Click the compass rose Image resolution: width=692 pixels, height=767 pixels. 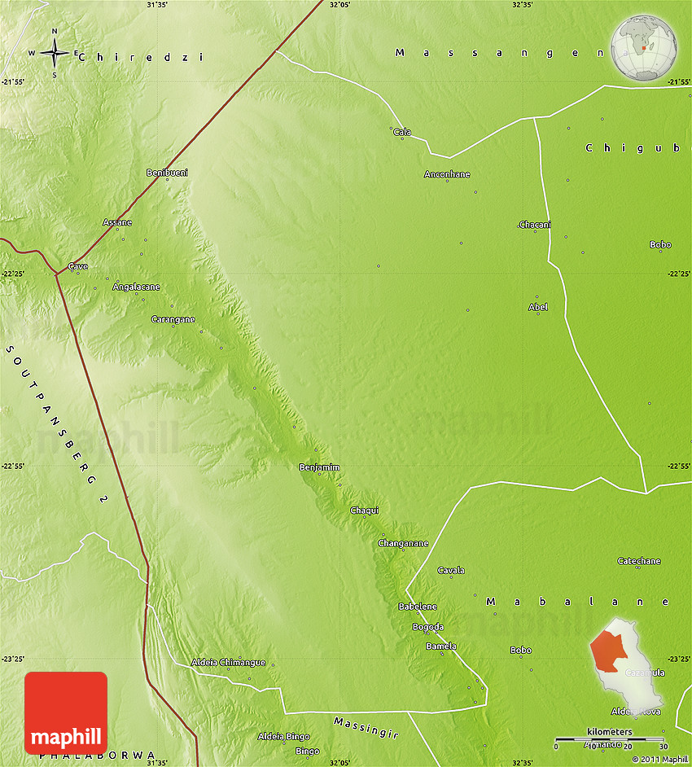tap(55, 54)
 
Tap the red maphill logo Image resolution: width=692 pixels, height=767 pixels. tap(66, 712)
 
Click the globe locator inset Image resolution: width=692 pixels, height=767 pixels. tap(643, 48)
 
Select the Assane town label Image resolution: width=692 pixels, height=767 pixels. tap(117, 222)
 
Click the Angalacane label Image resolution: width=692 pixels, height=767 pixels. tap(136, 287)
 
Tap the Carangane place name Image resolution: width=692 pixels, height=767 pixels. tap(173, 319)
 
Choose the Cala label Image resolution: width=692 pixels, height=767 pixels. tap(402, 132)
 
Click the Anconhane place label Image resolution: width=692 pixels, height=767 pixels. tap(447, 174)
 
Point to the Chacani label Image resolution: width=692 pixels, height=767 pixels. tap(535, 225)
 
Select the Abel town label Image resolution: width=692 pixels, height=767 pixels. tap(538, 307)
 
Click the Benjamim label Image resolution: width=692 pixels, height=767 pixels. tap(319, 467)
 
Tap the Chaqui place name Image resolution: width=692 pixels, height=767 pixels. tap(364, 511)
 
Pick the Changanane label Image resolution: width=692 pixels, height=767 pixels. tap(403, 543)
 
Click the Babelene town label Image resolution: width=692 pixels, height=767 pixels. tap(418, 607)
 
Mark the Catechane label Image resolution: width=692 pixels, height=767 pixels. tap(639, 561)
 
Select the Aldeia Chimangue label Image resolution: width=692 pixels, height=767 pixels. tap(228, 662)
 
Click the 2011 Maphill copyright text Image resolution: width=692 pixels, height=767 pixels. tap(659, 760)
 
